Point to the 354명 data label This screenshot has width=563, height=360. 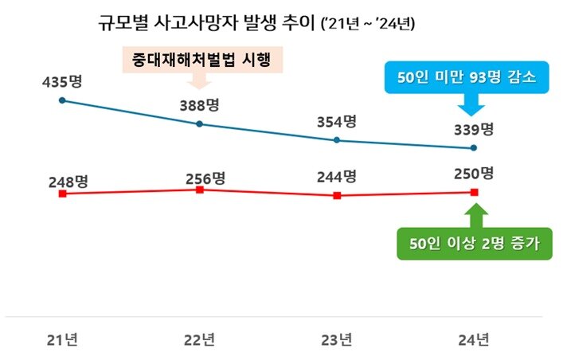(x=336, y=122)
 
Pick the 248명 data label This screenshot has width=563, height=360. (x=67, y=182)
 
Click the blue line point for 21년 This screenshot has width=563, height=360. (x=62, y=101)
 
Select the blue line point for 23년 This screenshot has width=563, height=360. (x=337, y=140)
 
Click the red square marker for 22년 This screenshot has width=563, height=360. (x=200, y=190)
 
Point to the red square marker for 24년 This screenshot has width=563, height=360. (x=475, y=192)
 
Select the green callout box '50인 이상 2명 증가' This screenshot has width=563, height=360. (x=475, y=244)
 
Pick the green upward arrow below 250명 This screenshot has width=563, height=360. (x=475, y=215)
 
